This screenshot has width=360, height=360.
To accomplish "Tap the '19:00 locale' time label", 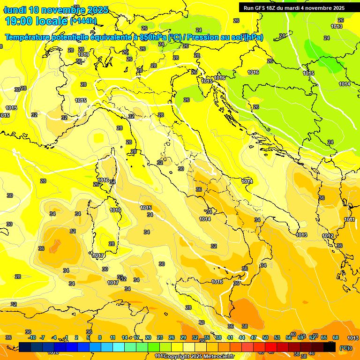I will [x=37, y=21].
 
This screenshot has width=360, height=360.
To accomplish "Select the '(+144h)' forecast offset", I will [x=83, y=21].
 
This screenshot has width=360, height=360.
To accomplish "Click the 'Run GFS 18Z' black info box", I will [x=294, y=8].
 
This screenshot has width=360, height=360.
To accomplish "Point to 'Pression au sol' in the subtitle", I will [x=225, y=37].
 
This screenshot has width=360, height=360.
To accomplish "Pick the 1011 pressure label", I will [x=349, y=219].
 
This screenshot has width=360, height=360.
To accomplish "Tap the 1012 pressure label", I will [x=328, y=236].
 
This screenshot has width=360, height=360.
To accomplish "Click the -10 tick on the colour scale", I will [x=32, y=337].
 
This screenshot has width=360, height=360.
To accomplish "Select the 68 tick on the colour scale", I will [x=336, y=337].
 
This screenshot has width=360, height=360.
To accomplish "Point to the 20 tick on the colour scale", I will [x=148, y=337].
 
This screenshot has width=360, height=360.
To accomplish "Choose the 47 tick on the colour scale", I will [x=254, y=337].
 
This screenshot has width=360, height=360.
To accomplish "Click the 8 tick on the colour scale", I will [x=100, y=337].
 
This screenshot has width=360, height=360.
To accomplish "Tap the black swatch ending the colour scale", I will [x=330, y=347].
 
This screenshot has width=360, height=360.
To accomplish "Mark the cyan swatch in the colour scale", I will [x=119, y=347].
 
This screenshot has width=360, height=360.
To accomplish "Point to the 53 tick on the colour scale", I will [x=277, y=337].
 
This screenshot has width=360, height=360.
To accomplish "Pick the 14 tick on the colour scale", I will [x=125, y=337].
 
